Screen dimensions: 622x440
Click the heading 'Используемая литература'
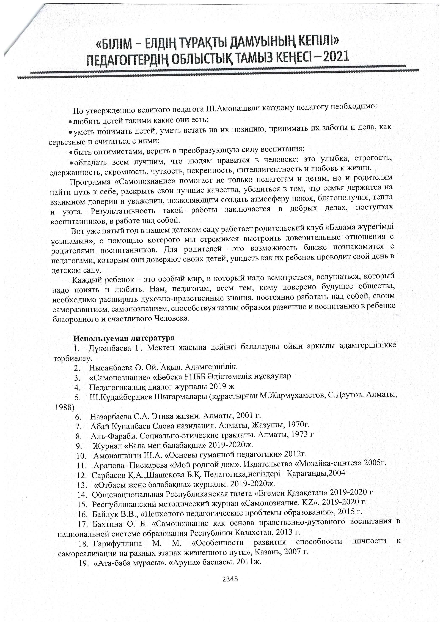[x=124, y=338]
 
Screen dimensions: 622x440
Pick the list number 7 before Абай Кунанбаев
[x=79, y=427]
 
